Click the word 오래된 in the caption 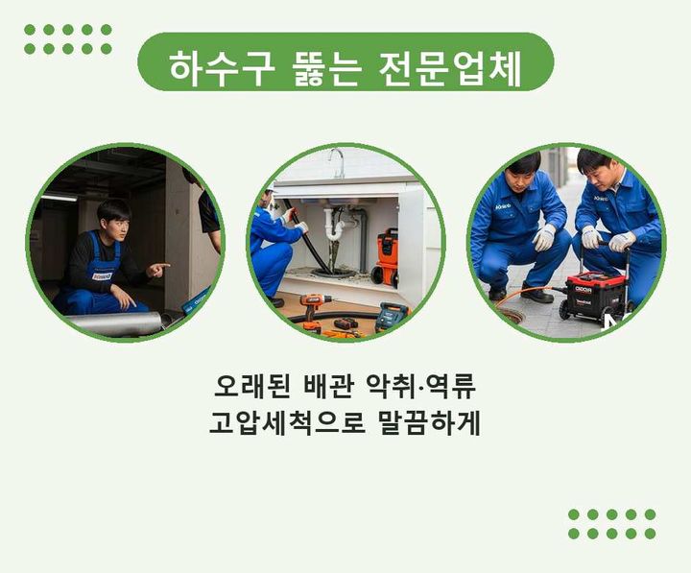click(x=251, y=387)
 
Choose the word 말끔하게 click(x=429, y=422)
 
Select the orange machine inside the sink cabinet click(x=386, y=257)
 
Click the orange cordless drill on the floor click(x=313, y=308)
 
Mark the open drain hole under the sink click(x=333, y=273)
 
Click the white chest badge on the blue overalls click(x=102, y=275)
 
